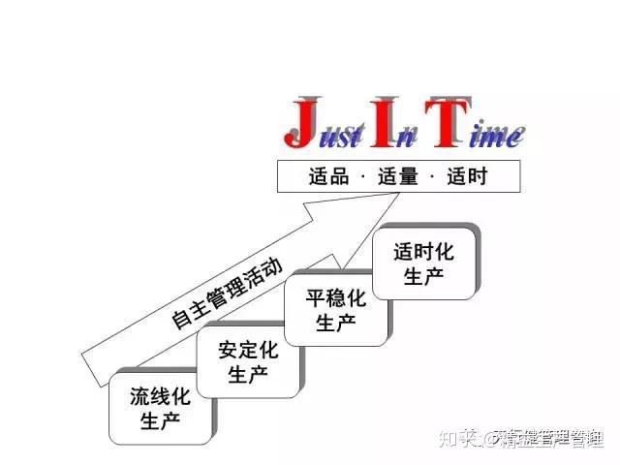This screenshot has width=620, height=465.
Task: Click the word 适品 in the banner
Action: click(x=327, y=177)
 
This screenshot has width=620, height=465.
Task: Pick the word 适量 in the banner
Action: click(x=397, y=177)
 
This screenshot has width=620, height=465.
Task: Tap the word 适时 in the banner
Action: click(x=467, y=177)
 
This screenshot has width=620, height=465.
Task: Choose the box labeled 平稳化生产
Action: click(x=335, y=310)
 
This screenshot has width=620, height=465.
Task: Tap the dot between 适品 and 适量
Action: click(x=362, y=177)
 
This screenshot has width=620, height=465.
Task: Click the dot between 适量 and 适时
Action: click(x=432, y=177)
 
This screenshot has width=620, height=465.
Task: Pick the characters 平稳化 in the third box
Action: click(x=335, y=298)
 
